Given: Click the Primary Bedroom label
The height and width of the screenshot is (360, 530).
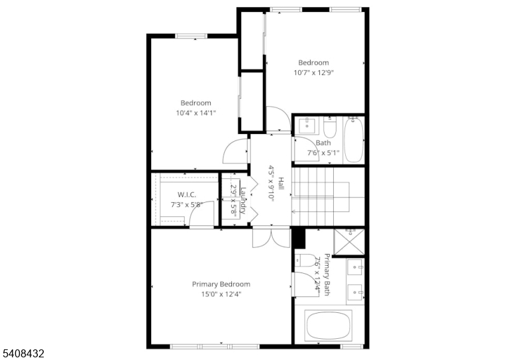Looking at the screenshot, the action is click(x=221, y=284).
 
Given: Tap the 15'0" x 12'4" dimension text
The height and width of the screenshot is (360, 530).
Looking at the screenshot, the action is click(x=221, y=294).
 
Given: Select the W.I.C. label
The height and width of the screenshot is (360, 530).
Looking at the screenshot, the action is click(x=187, y=194).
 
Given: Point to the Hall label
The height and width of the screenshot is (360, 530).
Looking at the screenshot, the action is click(x=281, y=184).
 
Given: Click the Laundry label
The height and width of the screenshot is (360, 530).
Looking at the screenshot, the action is click(x=242, y=200).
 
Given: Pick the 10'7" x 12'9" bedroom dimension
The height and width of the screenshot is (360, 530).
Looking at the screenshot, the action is click(x=313, y=73).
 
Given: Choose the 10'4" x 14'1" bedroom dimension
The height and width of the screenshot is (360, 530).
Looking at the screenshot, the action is click(x=195, y=113).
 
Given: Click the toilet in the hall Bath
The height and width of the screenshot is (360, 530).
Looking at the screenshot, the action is click(x=330, y=127).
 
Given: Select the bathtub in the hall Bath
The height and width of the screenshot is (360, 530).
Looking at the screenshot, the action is click(x=354, y=140).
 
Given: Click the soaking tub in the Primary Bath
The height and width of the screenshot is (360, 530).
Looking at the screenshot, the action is click(x=328, y=326).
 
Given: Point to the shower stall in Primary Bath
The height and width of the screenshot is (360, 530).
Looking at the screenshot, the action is click(x=349, y=241).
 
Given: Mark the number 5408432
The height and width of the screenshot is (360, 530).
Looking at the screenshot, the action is click(x=23, y=354).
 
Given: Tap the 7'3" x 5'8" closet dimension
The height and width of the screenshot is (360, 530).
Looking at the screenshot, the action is click(x=187, y=205).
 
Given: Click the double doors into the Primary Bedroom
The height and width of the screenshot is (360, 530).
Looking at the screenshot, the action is click(x=272, y=237).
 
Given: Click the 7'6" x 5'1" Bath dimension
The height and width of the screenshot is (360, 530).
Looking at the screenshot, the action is click(x=323, y=153).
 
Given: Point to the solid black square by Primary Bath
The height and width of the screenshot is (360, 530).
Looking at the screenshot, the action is click(x=299, y=238).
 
